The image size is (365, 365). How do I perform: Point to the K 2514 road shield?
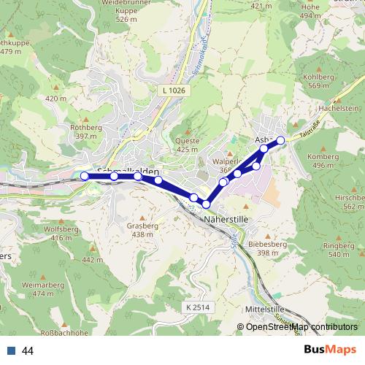click(197, 307)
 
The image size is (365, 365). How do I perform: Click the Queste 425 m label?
click(188, 145)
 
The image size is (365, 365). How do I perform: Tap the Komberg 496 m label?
click(323, 161)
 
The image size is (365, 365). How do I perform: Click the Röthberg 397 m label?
click(104, 131)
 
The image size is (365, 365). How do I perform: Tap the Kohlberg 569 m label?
click(344, 81)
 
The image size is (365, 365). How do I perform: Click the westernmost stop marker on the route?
click(85, 176)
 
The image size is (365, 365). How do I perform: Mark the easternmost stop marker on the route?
click(280, 139)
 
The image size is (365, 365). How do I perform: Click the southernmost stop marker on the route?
click(207, 204)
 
